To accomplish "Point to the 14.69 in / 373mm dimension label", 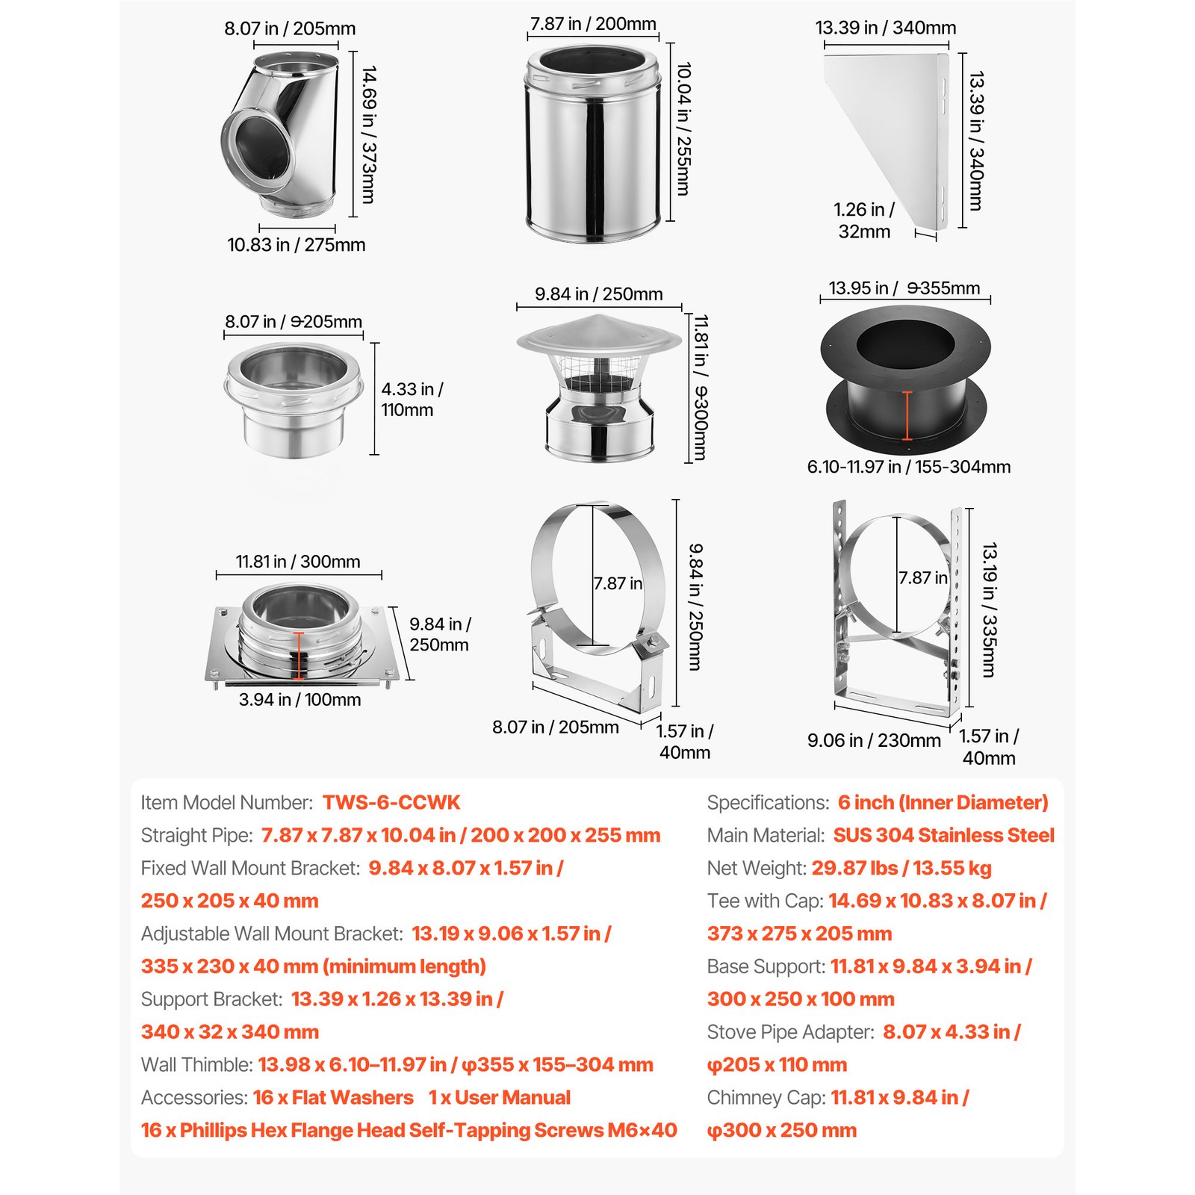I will (x=368, y=134).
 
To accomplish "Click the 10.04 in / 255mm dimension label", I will (x=683, y=128).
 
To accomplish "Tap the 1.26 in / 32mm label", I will (x=864, y=220).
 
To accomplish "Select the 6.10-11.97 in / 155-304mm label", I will (x=908, y=467).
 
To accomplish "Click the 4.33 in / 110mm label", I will (x=411, y=400).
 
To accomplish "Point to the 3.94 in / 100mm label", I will (x=299, y=700).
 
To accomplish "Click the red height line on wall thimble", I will (x=907, y=415).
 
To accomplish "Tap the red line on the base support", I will (x=299, y=656).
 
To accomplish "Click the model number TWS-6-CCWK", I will (x=391, y=803).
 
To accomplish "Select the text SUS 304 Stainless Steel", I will (x=943, y=835).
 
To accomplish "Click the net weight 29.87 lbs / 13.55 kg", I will (x=901, y=868).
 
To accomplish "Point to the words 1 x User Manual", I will (x=499, y=1097).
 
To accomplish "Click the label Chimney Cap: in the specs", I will (x=766, y=1097).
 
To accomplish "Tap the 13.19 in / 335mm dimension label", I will (x=988, y=609).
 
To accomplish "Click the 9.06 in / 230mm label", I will (x=874, y=740).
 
